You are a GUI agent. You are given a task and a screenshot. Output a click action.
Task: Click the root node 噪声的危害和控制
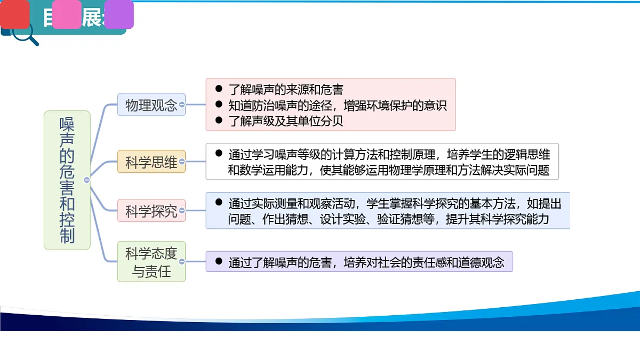(x=67, y=180)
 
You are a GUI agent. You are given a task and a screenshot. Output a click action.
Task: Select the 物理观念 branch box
(x=151, y=105)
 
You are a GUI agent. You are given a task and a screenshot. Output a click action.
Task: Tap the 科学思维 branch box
(x=151, y=162)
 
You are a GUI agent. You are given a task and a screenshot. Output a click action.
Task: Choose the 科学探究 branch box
(x=151, y=211)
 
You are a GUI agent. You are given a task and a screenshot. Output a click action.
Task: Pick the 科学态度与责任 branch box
(x=151, y=261)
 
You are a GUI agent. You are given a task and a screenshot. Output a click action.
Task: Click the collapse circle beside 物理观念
(x=182, y=105)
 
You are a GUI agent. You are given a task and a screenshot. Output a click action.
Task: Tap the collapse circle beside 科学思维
(x=182, y=162)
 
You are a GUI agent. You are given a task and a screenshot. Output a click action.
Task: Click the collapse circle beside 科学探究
(x=182, y=211)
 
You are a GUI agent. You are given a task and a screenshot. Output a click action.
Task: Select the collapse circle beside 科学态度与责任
(x=182, y=261)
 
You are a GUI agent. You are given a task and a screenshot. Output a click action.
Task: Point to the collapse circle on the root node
(x=87, y=180)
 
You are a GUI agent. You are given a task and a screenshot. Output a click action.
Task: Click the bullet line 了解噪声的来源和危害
(x=286, y=89)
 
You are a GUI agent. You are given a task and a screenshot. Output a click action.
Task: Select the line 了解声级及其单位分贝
(x=286, y=121)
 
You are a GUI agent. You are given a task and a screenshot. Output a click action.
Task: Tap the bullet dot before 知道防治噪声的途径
(x=218, y=105)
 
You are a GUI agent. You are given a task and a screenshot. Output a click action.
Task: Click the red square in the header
(x=15, y=14)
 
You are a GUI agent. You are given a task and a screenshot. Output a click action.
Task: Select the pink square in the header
(x=67, y=14)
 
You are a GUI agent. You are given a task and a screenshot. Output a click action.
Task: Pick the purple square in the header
(x=119, y=14)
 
